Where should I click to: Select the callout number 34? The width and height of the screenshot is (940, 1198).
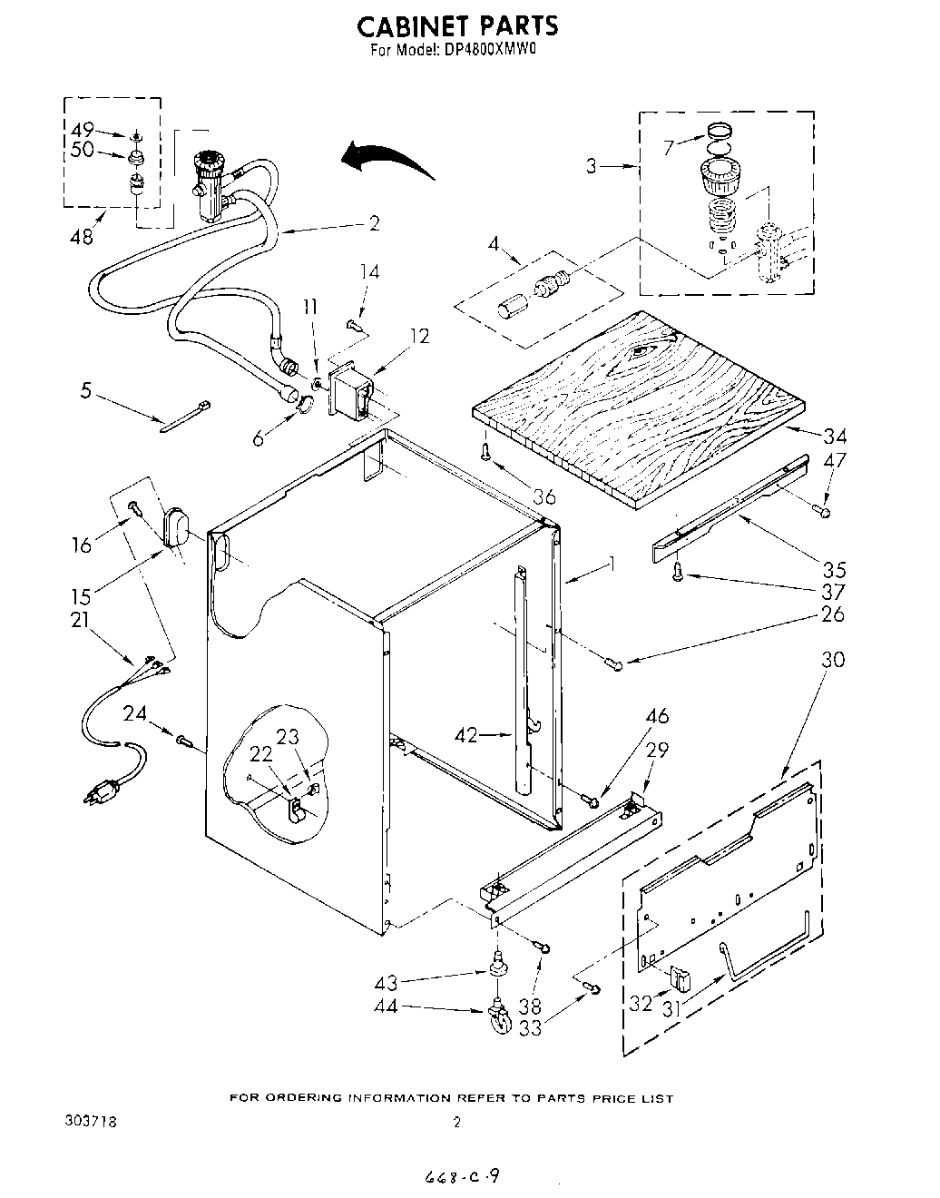coord(834,436)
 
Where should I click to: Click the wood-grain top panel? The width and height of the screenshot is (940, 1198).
coord(640,399)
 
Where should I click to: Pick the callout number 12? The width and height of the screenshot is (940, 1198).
coord(419,335)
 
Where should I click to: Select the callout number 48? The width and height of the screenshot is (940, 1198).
coord(81,237)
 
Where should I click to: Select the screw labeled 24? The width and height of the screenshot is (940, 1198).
coord(185,741)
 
